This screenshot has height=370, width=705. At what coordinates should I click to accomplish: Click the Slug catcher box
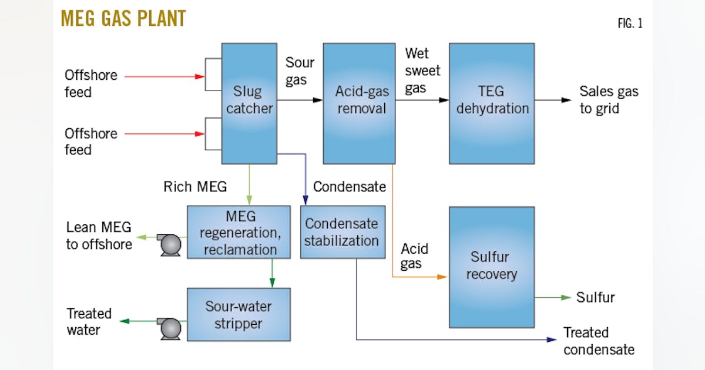(250, 103)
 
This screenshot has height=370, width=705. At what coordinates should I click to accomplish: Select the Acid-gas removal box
(359, 103)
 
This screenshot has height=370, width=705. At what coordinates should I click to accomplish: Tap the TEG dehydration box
(492, 103)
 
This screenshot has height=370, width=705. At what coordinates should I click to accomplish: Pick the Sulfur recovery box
(492, 267)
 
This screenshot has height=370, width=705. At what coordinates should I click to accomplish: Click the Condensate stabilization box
(343, 232)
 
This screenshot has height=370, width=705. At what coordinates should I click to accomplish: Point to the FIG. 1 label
(629, 24)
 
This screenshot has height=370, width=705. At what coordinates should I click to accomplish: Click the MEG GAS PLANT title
(123, 19)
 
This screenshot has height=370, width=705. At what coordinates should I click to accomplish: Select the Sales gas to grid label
(608, 100)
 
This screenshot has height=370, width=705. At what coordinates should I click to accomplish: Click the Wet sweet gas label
(422, 70)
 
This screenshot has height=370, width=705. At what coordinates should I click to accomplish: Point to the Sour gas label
(300, 70)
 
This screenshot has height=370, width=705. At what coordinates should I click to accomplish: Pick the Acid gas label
(414, 256)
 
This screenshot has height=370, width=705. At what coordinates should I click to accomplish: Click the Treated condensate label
(598, 341)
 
